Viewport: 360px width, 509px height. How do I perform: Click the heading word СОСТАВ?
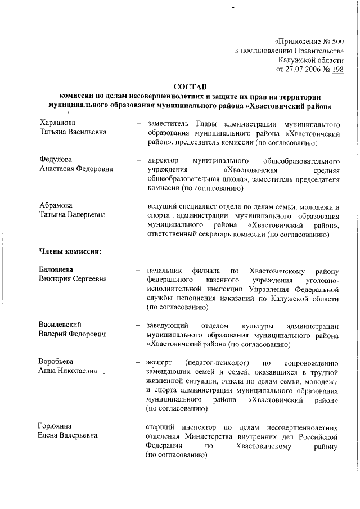pos(190,87)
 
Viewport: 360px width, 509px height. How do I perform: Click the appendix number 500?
pos(334,41)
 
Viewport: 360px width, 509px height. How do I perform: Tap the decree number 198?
pos(337,70)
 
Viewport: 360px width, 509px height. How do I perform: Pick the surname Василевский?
pos(60,325)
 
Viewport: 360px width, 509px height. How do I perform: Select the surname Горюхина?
pos(56,426)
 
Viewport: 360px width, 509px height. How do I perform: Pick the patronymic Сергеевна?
pos(87,280)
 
